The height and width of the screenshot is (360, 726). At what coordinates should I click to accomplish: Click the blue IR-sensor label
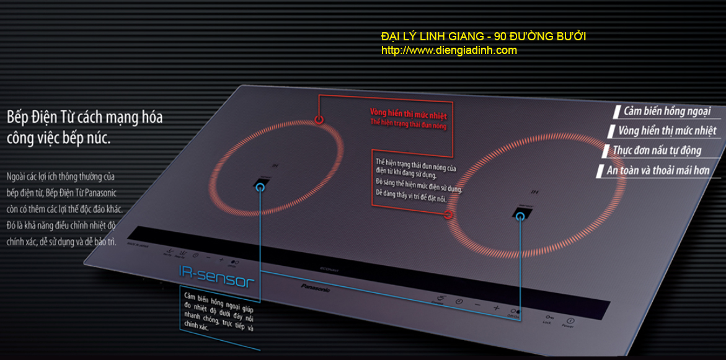(216, 277)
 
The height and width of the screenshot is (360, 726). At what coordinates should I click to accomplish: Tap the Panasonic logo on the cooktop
(316, 288)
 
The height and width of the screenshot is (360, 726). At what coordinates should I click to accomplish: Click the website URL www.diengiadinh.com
(449, 51)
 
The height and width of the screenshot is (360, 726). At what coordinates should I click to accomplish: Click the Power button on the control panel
(570, 322)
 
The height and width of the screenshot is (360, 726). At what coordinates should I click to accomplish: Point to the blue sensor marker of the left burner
(260, 187)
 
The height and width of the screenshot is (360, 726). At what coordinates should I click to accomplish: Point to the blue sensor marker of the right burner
(521, 216)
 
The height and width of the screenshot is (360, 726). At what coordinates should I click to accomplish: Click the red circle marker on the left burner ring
(319, 120)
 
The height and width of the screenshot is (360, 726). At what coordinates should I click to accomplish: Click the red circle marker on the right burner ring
(449, 215)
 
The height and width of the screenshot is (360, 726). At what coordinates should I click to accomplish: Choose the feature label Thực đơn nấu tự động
(657, 151)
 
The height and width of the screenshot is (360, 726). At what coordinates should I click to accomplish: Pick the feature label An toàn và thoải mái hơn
(658, 170)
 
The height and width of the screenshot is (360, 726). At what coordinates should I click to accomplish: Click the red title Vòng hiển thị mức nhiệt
(408, 115)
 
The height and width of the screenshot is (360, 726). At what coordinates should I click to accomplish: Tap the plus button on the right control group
(496, 307)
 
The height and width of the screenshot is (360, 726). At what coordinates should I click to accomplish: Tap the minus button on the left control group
(208, 257)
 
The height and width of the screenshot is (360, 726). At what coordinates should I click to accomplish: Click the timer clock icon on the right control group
(459, 302)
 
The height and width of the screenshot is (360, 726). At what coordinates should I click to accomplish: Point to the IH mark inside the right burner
(535, 191)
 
